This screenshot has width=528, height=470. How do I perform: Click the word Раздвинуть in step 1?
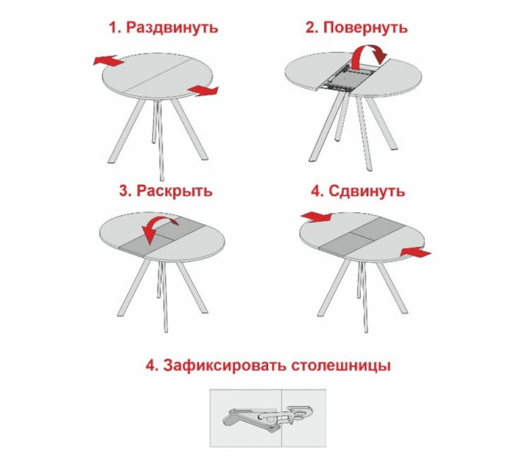click(x=172, y=28)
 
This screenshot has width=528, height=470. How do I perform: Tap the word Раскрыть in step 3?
click(x=174, y=191)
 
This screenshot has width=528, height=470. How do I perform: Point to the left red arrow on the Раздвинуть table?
click(x=108, y=61)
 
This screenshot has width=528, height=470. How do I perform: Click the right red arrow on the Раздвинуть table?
click(x=203, y=90)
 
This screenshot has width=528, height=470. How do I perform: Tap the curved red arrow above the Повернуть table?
click(x=370, y=54)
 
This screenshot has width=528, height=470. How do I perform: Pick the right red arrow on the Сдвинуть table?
click(x=414, y=252)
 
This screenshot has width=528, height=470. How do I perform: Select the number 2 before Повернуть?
click(x=311, y=28)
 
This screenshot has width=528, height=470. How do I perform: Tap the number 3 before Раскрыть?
click(x=124, y=191)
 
